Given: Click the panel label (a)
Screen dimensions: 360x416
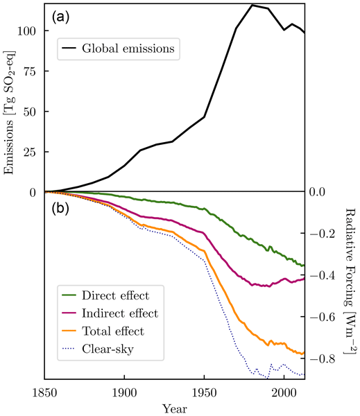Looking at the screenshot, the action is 60,17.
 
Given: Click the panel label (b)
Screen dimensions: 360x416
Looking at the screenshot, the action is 60,209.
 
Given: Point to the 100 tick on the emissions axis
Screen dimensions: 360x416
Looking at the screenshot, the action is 26,31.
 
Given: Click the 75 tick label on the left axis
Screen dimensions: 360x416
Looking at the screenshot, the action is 30,71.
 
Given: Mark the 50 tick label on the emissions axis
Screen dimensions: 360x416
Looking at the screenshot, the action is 30,112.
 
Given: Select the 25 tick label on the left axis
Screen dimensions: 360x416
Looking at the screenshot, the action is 30,152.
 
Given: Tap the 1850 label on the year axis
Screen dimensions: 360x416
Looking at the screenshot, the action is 44,392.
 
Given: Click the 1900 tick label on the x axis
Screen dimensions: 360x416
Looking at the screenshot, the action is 124,392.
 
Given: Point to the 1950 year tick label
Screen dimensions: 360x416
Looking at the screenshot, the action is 204,392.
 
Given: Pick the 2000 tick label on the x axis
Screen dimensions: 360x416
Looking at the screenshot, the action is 284,392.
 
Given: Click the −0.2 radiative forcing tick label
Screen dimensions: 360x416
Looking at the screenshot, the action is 323,234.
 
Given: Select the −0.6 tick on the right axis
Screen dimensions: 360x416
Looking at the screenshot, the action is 323,317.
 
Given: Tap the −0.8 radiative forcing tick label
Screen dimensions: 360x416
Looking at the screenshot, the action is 323,359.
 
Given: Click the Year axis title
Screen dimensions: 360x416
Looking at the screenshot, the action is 174,409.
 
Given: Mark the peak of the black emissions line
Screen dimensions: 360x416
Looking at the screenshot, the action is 252,5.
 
